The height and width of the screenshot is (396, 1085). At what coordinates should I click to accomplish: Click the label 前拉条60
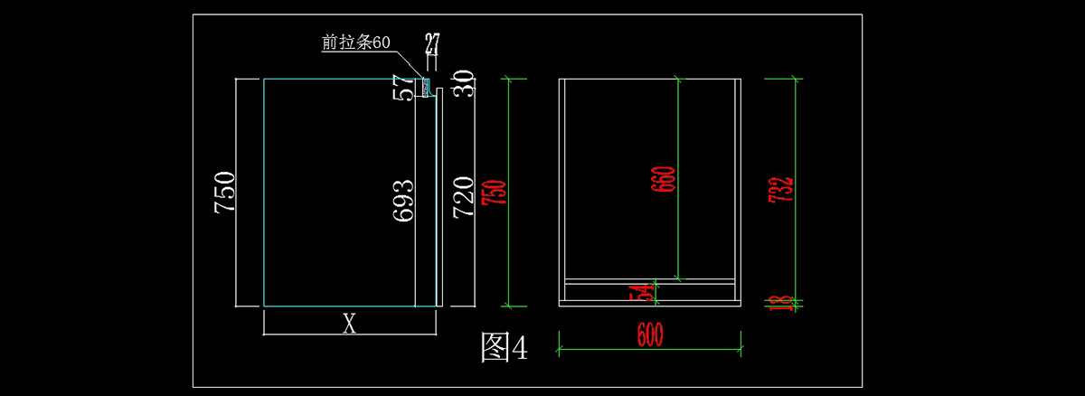pyautogui.click(x=355, y=42)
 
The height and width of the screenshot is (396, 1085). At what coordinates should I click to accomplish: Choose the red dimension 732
pyautogui.click(x=783, y=190)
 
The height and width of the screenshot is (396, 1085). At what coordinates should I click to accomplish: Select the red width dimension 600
pyautogui.click(x=650, y=334)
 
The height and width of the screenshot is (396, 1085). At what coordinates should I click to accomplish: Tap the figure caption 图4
pyautogui.click(x=503, y=347)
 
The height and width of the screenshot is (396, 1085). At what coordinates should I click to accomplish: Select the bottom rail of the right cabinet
pyautogui.click(x=650, y=291)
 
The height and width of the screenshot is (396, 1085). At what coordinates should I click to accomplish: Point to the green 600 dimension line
pyautogui.click(x=597, y=345)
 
